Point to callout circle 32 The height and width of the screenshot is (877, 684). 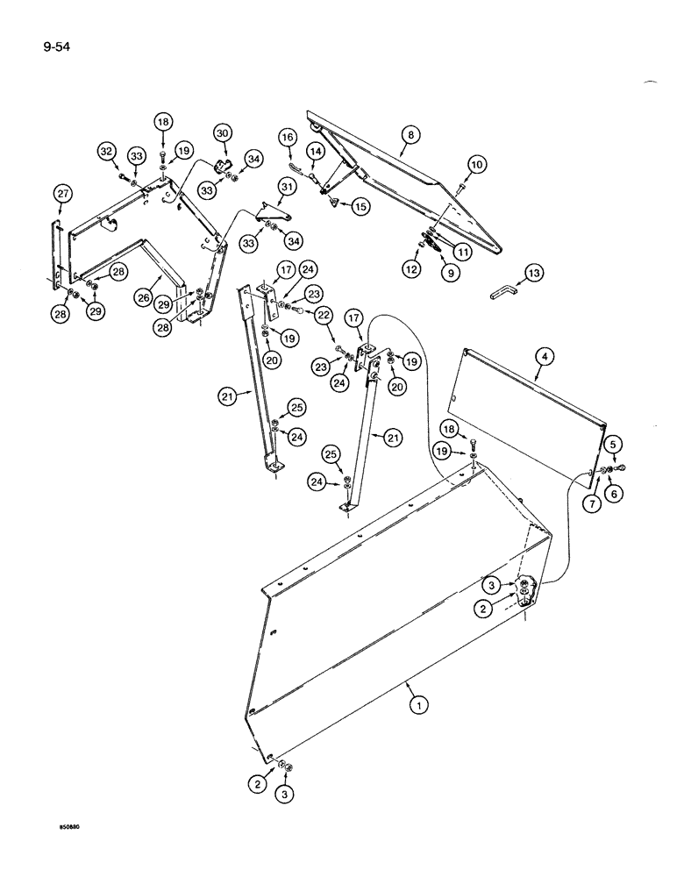coord(107,152)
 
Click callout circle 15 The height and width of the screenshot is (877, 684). coord(360,207)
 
